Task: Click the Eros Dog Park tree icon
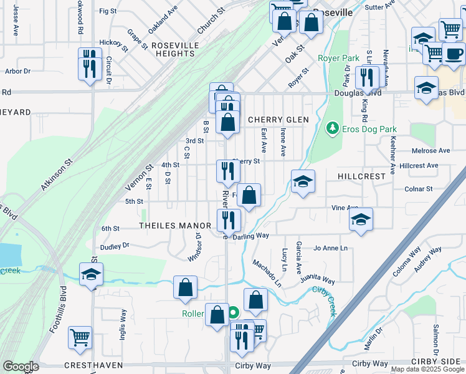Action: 333,129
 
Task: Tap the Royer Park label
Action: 338,59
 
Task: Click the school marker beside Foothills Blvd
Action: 91,274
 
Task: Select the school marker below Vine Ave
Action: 361,220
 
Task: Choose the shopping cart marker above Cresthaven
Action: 80,338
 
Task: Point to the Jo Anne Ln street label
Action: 330,248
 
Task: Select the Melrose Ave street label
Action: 434,151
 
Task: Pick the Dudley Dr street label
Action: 116,246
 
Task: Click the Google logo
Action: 20,367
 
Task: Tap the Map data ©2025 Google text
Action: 427,369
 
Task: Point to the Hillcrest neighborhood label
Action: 363,176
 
